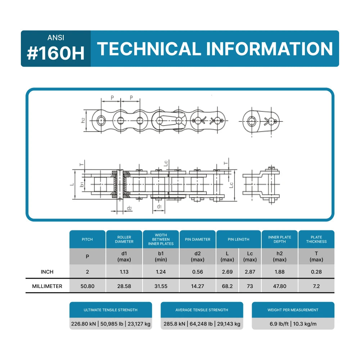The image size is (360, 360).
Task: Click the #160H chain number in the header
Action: point(56,53)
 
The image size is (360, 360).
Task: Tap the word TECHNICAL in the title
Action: point(149,49)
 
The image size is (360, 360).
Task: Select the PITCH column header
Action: point(87,239)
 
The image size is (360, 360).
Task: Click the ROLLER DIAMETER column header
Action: point(124,239)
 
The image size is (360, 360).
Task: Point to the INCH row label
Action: point(47,272)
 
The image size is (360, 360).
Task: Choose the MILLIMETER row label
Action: point(47,286)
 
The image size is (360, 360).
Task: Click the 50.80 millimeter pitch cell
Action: point(87,286)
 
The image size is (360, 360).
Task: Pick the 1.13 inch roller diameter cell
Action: point(124,272)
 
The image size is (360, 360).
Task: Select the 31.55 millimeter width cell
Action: point(161,286)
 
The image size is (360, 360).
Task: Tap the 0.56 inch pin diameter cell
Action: point(198,272)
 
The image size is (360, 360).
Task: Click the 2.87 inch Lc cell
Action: point(250,272)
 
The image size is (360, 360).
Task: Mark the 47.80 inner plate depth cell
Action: point(280,286)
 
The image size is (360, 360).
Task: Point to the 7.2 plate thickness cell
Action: point(316,286)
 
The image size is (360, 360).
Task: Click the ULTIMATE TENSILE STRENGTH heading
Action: point(111,310)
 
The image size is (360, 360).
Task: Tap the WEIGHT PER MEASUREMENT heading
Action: point(293,310)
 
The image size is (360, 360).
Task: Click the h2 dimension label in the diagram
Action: point(83,120)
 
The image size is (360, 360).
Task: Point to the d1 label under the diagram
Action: point(159,207)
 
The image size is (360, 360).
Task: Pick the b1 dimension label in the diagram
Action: point(82,185)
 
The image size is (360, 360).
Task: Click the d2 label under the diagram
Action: point(129,208)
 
